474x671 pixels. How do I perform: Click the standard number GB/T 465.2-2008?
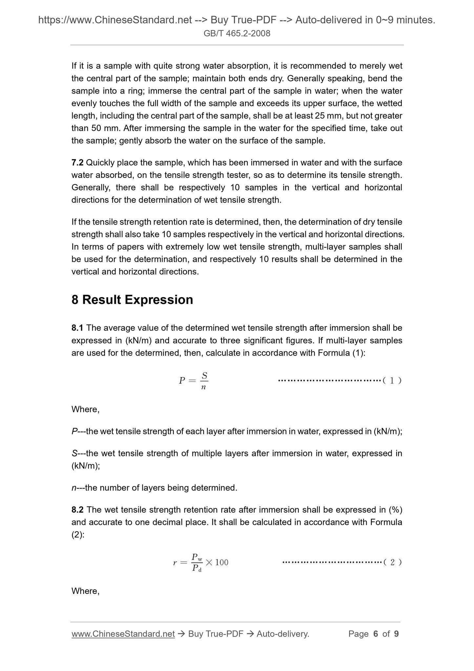click(x=237, y=33)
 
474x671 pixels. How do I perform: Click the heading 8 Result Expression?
click(x=132, y=300)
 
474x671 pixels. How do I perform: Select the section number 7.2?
click(x=77, y=162)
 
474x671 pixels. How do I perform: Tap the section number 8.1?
click(x=77, y=328)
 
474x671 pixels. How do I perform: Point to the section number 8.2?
click(x=77, y=509)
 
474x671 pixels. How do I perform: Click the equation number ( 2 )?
click(x=392, y=562)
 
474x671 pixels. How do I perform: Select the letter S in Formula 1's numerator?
click(x=204, y=375)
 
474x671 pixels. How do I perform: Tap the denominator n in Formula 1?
click(x=203, y=387)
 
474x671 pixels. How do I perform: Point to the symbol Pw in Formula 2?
click(x=197, y=557)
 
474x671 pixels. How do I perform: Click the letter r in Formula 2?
click(x=175, y=563)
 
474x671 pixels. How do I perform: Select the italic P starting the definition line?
click(x=74, y=431)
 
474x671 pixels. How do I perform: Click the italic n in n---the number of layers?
click(x=73, y=488)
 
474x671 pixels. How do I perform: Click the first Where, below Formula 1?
click(x=85, y=409)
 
